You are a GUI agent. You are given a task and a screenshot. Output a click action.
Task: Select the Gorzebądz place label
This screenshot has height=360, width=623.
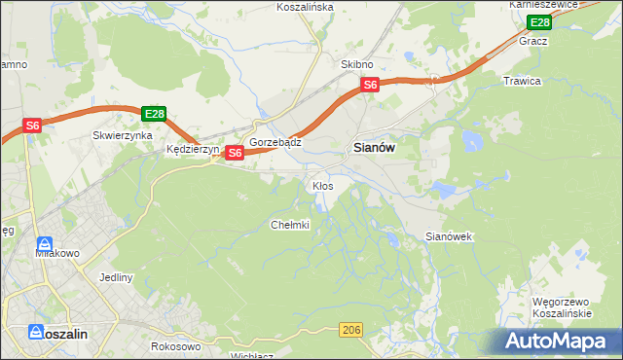tap(275, 142)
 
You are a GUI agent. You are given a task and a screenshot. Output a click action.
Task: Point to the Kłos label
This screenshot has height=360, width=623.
tap(322, 185)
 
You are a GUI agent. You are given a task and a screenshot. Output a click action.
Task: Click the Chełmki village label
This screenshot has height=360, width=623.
tap(289, 225)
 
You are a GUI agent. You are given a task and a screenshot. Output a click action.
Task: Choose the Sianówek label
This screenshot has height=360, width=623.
tap(449, 236)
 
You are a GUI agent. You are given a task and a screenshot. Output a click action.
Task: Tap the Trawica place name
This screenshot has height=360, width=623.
tap(522, 81)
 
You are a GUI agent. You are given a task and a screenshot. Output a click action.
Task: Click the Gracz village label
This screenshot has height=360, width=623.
tap(533, 41)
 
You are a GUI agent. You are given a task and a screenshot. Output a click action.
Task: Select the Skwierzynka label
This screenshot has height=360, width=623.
tap(123, 136)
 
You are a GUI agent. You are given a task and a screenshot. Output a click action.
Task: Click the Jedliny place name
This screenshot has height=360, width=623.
tap(116, 277)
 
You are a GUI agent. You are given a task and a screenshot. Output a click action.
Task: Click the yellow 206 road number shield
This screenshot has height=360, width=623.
tap(352, 332)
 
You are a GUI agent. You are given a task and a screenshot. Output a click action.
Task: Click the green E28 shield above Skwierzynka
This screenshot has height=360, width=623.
tap(153, 114)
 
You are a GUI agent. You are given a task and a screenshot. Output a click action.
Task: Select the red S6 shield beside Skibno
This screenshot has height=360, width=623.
tap(370, 86)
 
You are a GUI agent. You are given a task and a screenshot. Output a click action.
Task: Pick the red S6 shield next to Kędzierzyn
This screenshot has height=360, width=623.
tap(235, 153)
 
